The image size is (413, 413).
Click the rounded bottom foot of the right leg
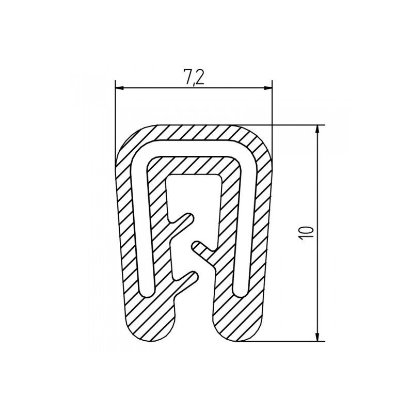tap(239, 330)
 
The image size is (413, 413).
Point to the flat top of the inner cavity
tap(194, 176)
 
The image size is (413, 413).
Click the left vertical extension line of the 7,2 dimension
tap(115, 119)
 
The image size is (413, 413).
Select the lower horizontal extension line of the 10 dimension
tap(284, 341)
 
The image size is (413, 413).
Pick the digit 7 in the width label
tap(187, 78)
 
